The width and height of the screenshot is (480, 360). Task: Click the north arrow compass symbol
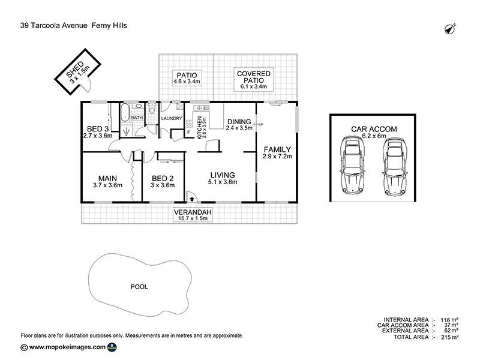tap(450, 29)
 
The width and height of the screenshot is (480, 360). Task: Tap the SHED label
tap(74, 69)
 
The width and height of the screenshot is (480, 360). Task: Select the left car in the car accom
tap(352, 166)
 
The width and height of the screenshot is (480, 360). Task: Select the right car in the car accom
tap(395, 167)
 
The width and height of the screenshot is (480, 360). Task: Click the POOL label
tap(139, 287)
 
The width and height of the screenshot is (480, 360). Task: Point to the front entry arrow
tap(192, 199)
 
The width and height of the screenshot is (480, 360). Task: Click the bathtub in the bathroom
tap(125, 112)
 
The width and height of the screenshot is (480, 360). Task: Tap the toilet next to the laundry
tap(152, 109)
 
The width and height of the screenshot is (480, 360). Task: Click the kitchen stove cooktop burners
tap(189, 123)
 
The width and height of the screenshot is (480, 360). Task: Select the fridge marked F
tap(188, 132)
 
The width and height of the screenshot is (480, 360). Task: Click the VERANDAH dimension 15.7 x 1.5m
tap(193, 218)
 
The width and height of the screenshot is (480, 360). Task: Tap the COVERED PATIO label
tap(254, 77)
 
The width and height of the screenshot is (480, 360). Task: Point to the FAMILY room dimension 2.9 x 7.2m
tap(277, 157)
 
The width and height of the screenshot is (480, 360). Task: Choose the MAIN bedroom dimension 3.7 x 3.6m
tap(107, 185)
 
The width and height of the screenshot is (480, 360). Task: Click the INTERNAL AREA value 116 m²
tap(449, 320)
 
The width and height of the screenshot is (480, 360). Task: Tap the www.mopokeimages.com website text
tap(67, 347)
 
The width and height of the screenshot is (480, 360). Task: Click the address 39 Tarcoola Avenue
tap(54, 25)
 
